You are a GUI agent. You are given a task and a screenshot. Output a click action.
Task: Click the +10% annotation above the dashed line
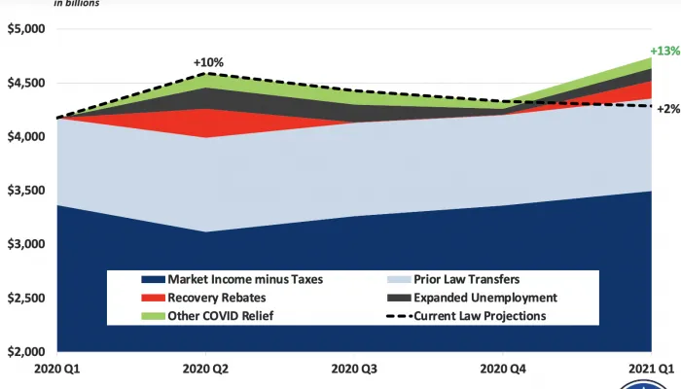pos(208,62)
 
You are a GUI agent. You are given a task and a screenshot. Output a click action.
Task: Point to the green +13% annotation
pos(664,51)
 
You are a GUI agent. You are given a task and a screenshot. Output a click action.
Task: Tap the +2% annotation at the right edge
pos(668,109)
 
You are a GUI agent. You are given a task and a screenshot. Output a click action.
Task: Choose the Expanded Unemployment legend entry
pos(473,297)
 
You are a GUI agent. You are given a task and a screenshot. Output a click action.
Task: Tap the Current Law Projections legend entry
pos(477,315)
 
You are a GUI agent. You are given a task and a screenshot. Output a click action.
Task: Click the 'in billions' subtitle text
pos(76,3)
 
